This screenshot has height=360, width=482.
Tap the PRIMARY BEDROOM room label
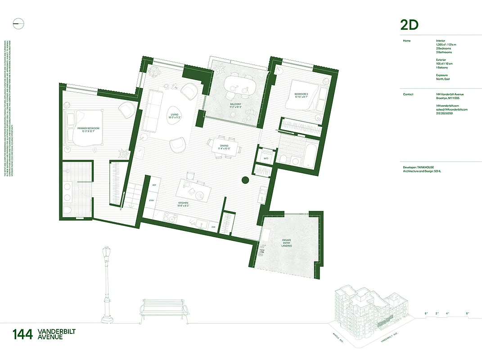pyautogui.click(x=88, y=130)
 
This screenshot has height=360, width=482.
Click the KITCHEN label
pyautogui.click(x=183, y=205)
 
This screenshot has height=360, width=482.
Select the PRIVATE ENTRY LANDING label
pyautogui.click(x=287, y=243)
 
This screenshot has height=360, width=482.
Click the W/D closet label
pyautogui.click(x=265, y=158)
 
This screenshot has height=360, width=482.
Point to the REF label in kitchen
pyautogui.click(x=154, y=185)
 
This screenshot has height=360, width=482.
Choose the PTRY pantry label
pyautogui.click(x=152, y=201)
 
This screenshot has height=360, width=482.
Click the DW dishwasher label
pyautogui.click(x=213, y=227)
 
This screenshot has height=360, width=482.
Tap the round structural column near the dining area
pyautogui.click(x=245, y=180)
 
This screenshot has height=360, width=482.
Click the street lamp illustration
pyautogui.click(x=106, y=283)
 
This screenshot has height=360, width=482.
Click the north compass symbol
pyautogui.click(x=18, y=24)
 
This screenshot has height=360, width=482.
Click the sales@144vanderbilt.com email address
pyautogui.click(x=451, y=109)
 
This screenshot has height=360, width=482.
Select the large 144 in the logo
pyautogui.click(x=23, y=334)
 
